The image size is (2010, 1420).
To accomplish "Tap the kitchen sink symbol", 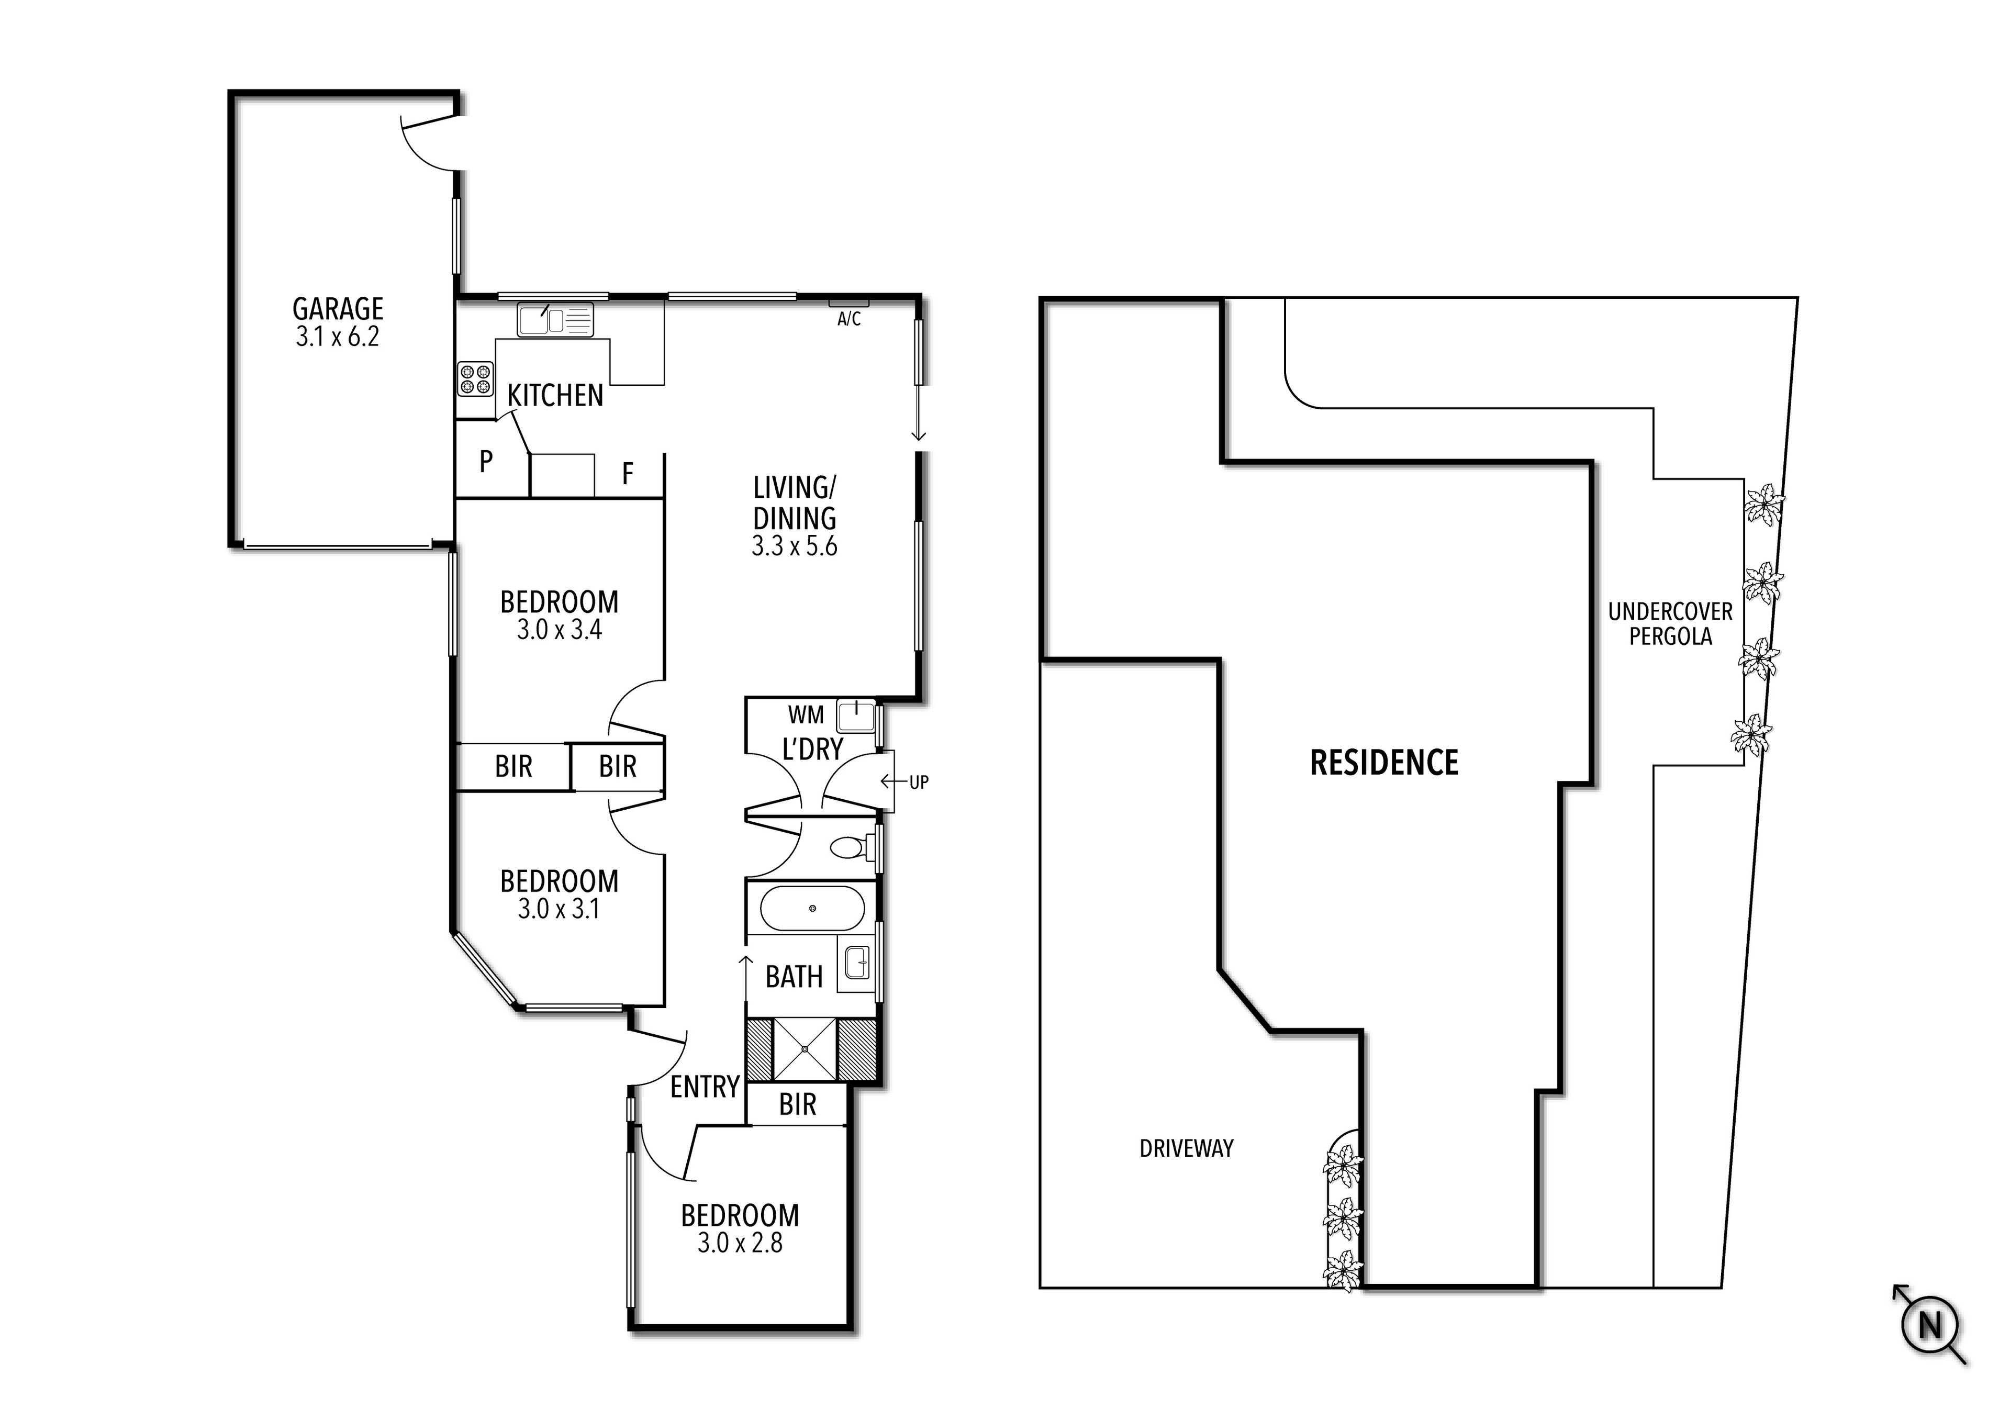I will (554, 320).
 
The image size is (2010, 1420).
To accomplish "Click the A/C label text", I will (848, 320).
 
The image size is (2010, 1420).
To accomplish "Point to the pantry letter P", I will (486, 461).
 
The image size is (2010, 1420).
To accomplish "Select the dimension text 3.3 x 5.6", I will (794, 546).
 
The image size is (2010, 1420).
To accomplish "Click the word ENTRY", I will (705, 1087).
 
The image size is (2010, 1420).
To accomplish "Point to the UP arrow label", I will (918, 782).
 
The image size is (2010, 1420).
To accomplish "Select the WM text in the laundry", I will (806, 715).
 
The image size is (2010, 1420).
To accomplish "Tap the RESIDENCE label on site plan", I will (1383, 763).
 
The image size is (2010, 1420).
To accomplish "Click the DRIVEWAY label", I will (1186, 1148).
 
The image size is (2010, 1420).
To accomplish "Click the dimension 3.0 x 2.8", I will (740, 1243).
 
